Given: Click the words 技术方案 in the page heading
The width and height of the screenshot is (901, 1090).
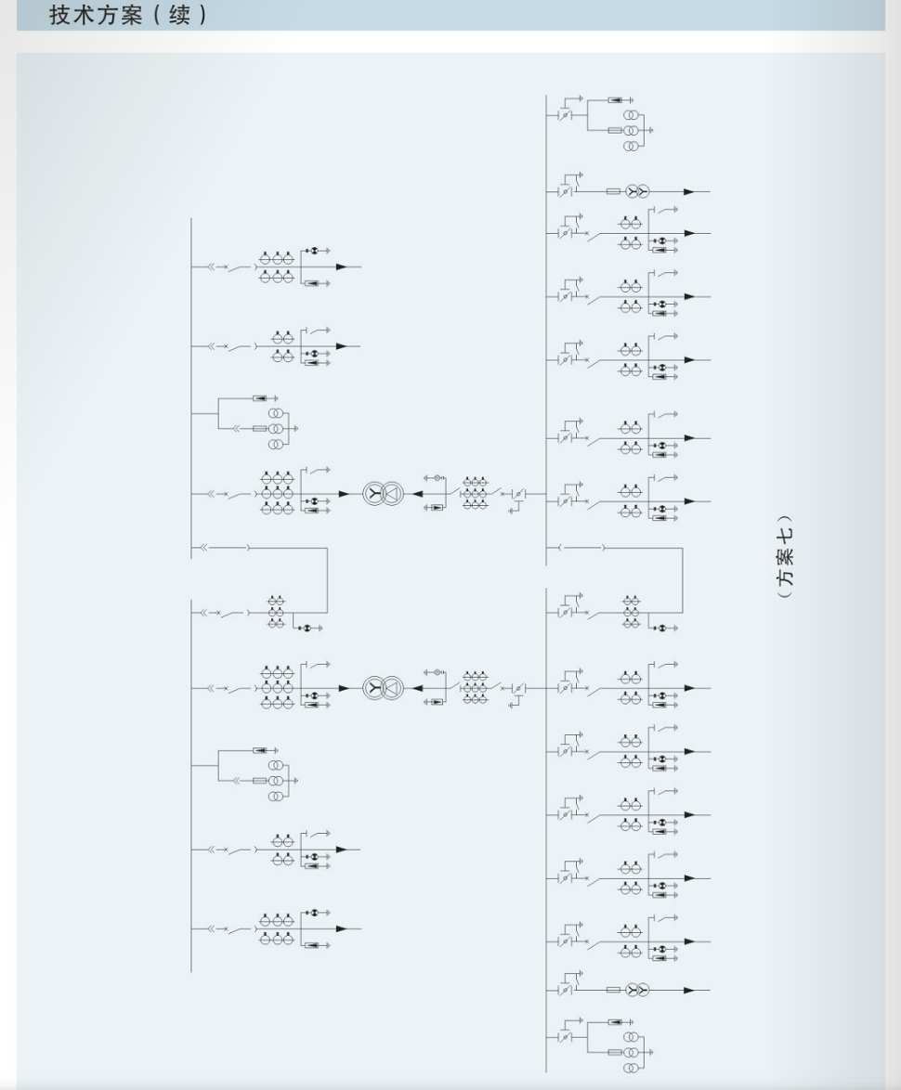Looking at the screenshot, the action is point(96,15).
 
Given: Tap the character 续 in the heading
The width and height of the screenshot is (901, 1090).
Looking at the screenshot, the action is point(179,15).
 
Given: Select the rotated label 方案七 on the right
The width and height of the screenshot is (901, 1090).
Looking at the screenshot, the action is point(784,556).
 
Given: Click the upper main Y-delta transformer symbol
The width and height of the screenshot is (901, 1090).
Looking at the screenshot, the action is point(383,494).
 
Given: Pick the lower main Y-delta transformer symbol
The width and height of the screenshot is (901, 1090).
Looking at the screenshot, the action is point(383,688).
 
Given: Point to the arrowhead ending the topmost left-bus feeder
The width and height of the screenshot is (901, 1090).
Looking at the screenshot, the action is point(341,266).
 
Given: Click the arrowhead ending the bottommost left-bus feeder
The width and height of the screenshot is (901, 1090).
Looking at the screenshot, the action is point(341,928).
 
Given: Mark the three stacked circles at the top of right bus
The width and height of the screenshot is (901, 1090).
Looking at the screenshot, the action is point(630,131).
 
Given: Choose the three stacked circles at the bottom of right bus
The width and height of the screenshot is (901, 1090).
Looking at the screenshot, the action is point(630,1053).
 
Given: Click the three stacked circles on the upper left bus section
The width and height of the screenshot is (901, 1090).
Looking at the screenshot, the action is point(276,428).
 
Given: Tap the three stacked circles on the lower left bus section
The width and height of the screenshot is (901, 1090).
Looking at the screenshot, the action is point(276,781).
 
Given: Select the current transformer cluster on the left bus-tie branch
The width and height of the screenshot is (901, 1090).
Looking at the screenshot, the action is point(276,612).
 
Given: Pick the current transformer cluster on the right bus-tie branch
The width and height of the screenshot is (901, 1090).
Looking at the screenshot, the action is point(631,612).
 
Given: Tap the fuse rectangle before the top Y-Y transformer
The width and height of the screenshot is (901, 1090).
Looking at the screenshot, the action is point(613,191).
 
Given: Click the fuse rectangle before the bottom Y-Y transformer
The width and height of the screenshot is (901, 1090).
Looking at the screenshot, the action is point(613,990).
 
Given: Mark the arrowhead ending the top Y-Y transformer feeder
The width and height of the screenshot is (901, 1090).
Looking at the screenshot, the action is point(689,191).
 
